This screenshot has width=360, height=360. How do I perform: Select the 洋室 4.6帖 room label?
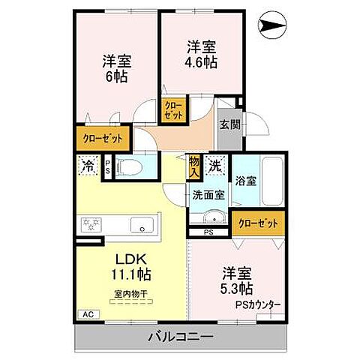pos(201,55)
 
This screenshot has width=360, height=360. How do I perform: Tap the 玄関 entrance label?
pos(229,125)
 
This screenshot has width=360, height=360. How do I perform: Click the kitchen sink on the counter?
pos(140,224)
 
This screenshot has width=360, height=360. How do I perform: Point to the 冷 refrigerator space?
pos(88,166)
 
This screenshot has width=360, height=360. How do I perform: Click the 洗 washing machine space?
pos(215,163)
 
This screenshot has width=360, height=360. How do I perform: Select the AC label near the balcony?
pos(87,315)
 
